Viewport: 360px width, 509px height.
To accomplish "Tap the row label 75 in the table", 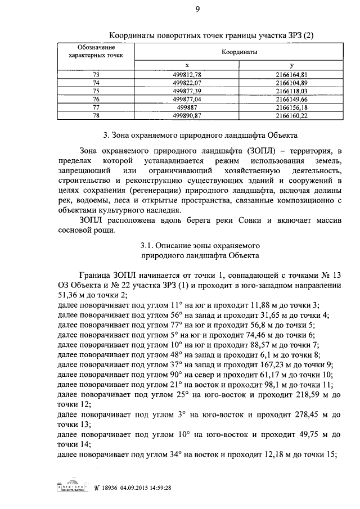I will (x=96, y=90).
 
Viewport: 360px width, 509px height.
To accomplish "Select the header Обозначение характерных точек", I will (x=96, y=51).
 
